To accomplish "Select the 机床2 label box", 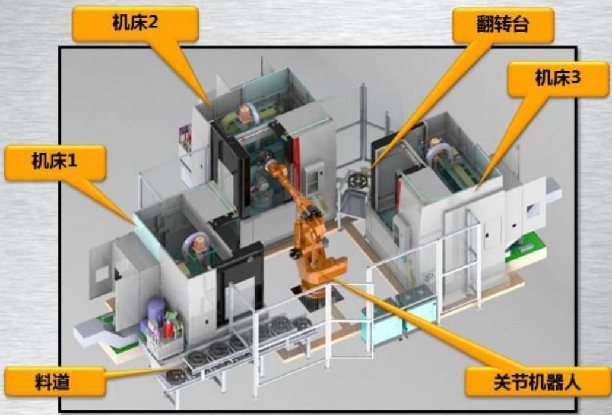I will pos(135,24).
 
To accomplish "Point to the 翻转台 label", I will pos(502,26).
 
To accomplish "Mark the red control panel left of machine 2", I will pos(185,143).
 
